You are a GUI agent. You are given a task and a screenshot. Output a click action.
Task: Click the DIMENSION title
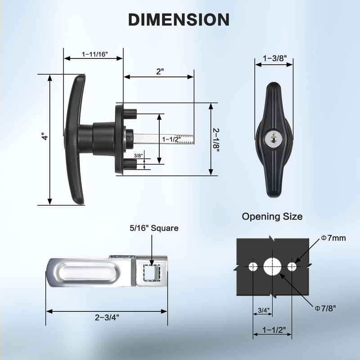pyautogui.click(x=179, y=19)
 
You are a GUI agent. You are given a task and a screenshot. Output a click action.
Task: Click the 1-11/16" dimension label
pyautogui.click(x=94, y=54)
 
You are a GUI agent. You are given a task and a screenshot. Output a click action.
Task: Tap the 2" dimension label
pyautogui.click(x=160, y=72)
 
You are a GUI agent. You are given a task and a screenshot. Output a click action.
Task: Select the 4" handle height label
pyautogui.click(x=46, y=136)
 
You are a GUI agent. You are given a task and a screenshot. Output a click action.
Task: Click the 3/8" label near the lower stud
pyautogui.click(x=138, y=155)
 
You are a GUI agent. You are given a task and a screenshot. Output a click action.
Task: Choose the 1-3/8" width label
pyautogui.click(x=275, y=58)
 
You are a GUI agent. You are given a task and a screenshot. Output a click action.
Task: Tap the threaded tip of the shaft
pyautogui.click(x=185, y=139)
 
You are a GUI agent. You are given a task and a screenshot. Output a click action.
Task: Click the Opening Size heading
pyautogui.click(x=272, y=216)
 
